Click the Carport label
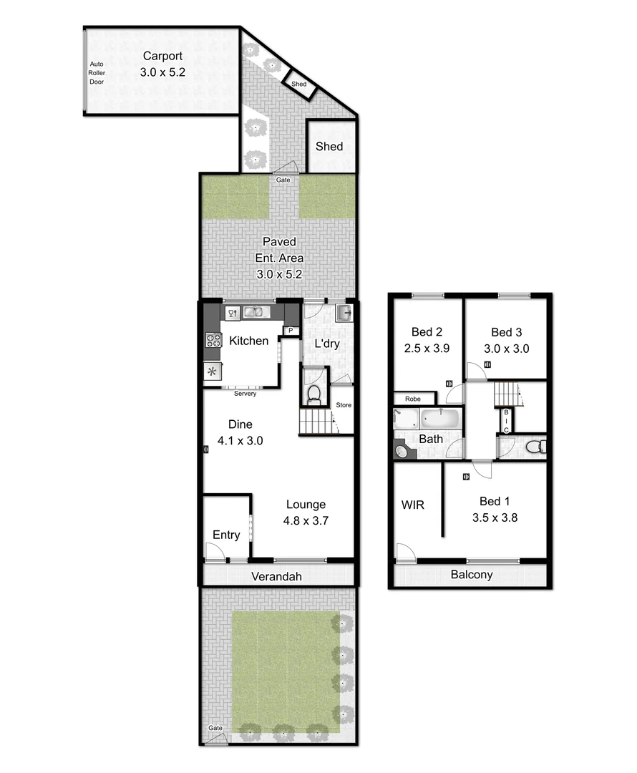(x=162, y=56)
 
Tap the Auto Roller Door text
(x=97, y=72)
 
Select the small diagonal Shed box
(x=299, y=84)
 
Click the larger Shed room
(x=330, y=146)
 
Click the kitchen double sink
(x=253, y=312)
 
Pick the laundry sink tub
(x=344, y=313)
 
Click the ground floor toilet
(x=313, y=392)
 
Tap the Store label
(x=344, y=405)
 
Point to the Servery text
(x=245, y=394)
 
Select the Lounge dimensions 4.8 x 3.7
(x=306, y=520)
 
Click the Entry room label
(x=226, y=535)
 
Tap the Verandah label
(x=276, y=576)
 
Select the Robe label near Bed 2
(x=413, y=399)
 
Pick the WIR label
(x=412, y=505)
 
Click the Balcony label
(x=471, y=575)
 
